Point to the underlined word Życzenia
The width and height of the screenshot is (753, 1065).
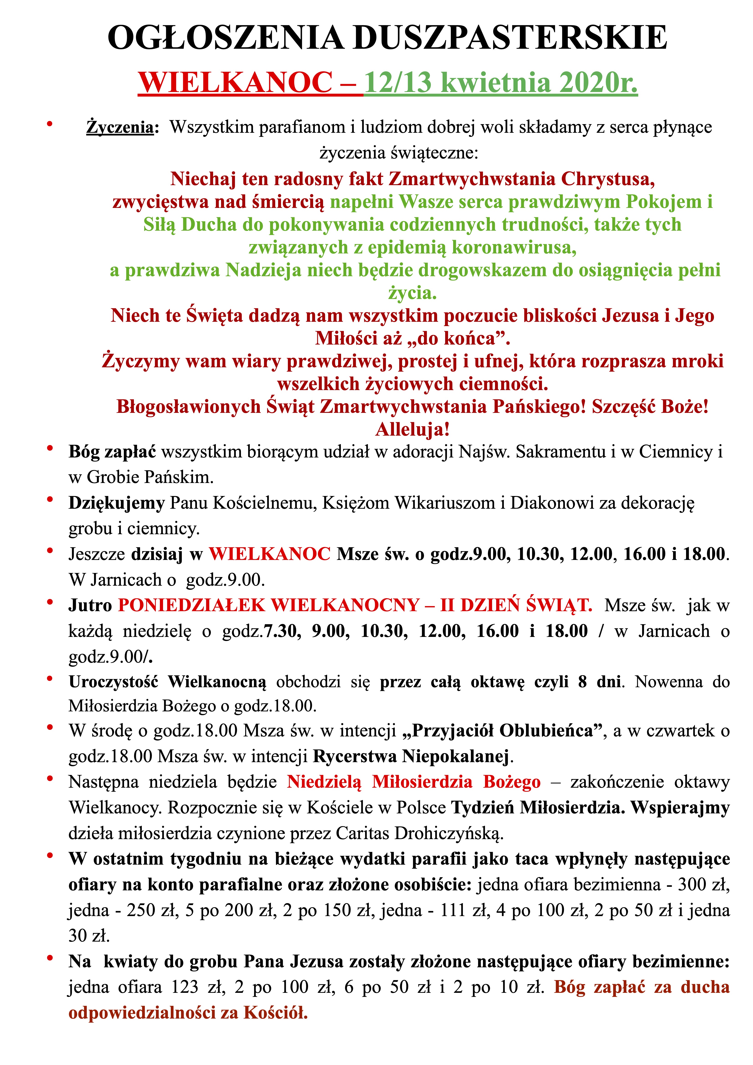pos(120,127)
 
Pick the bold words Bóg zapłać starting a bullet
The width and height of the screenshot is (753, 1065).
pos(112,452)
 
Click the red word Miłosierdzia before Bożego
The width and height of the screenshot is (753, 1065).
pos(422,782)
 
